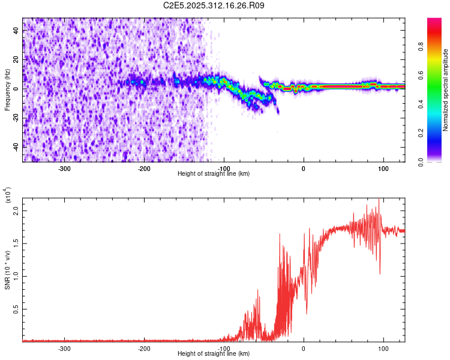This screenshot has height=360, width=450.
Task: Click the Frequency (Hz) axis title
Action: (7, 90)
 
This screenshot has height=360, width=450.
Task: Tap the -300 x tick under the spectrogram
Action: (64, 168)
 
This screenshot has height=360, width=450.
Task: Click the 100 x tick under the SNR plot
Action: (383, 348)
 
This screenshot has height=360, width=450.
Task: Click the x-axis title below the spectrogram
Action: (214, 173)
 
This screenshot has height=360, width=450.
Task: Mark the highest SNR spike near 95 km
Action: (379, 200)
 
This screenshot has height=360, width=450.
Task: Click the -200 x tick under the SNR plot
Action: (144, 348)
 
